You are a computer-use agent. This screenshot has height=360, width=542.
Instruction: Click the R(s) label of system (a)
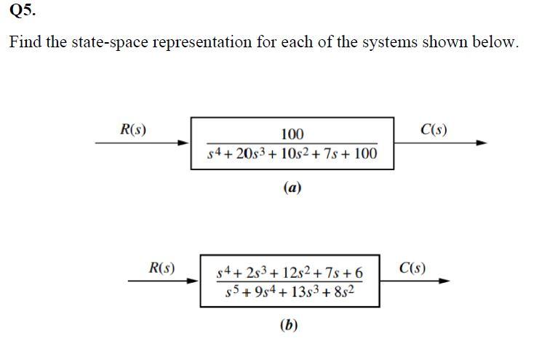(x=132, y=130)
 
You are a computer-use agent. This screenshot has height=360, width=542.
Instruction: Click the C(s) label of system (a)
(x=434, y=130)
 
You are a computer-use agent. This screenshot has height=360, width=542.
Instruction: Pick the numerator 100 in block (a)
(x=292, y=134)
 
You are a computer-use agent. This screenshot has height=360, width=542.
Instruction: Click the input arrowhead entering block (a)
(x=185, y=143)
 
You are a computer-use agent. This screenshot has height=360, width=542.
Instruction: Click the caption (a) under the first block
(x=292, y=187)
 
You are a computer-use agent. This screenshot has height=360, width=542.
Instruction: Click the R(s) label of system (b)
(x=161, y=267)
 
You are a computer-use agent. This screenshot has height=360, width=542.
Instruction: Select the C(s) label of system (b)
(x=413, y=267)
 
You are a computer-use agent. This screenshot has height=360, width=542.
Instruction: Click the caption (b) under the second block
(x=289, y=324)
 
